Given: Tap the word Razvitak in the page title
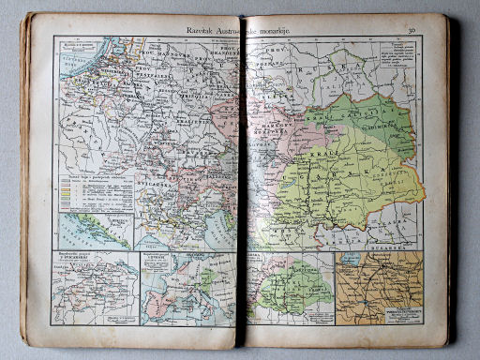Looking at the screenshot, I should (187, 30).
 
